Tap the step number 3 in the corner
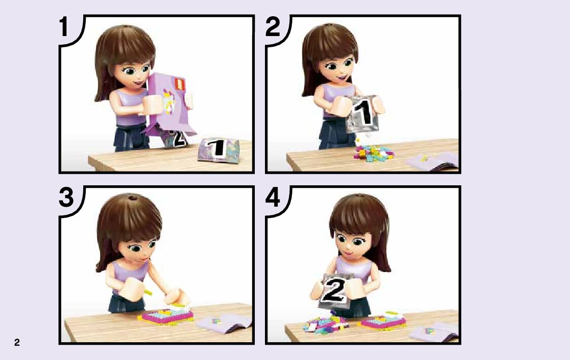point(66,198)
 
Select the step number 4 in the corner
point(273,198)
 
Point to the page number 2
point(17,342)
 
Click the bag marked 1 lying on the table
point(218,149)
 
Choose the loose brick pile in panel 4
point(325,324)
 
